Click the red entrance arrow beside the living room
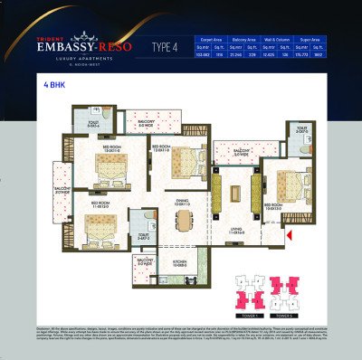[x=289, y=236]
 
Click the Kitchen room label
[x=180, y=264]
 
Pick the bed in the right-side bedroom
[x=287, y=181]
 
